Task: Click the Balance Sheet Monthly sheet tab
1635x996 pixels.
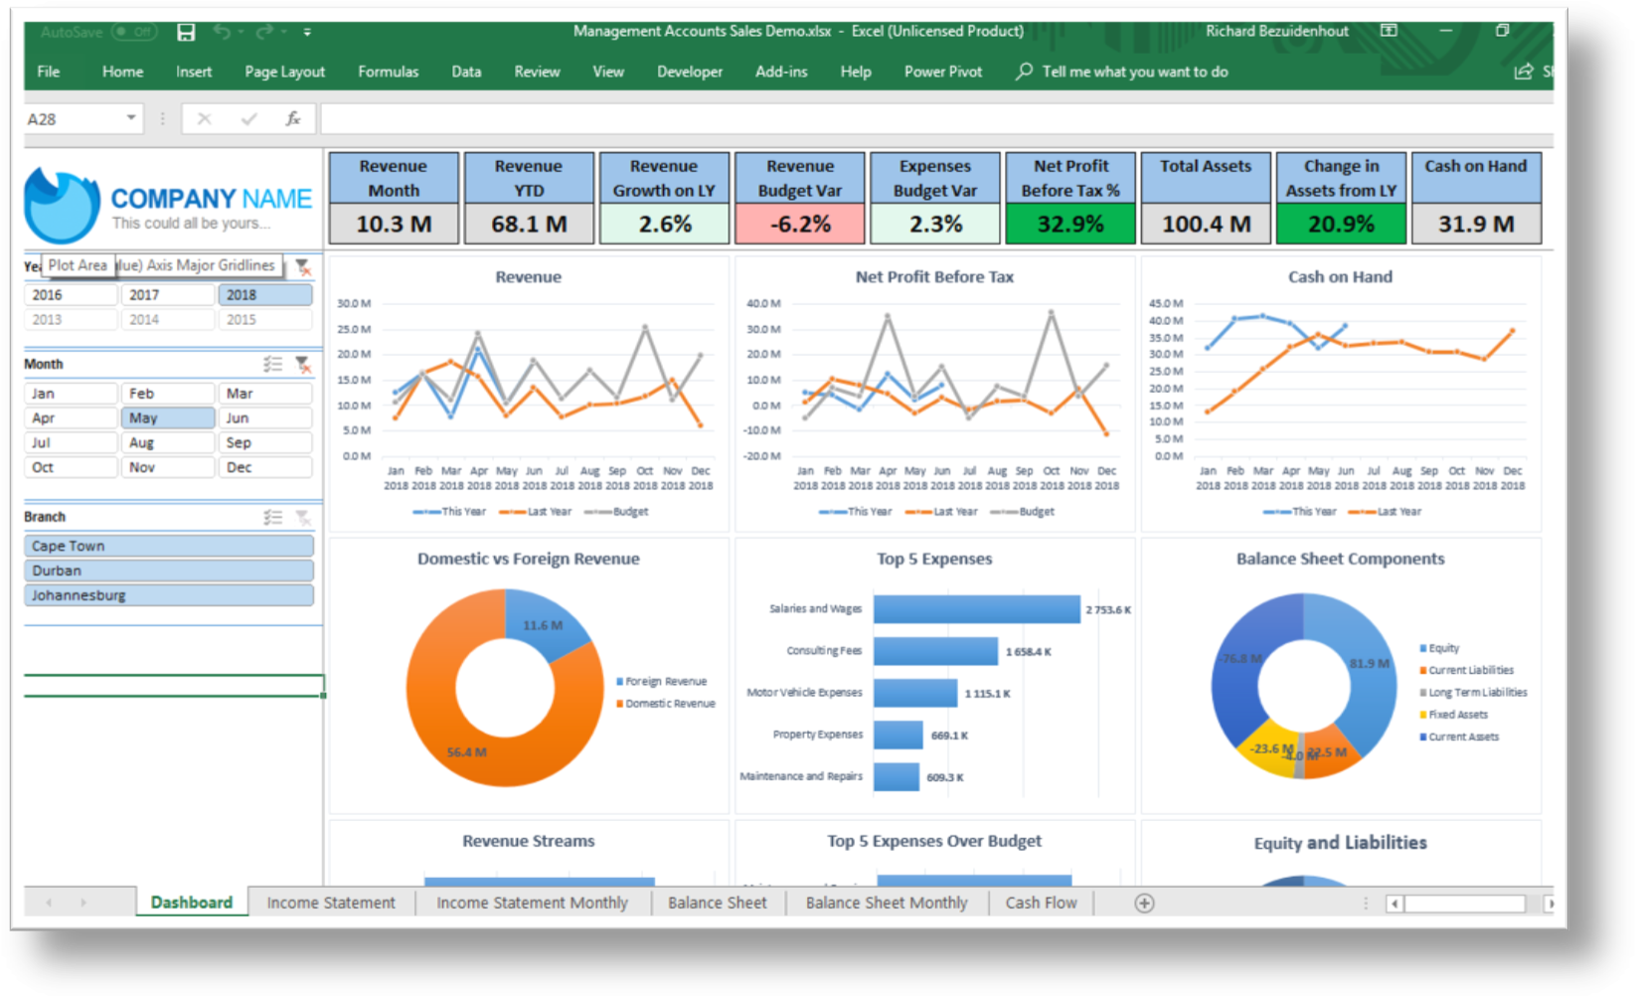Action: click(886, 903)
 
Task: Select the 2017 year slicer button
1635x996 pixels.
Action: click(167, 295)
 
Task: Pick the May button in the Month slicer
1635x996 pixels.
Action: click(167, 418)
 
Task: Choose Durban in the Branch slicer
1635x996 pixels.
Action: click(168, 571)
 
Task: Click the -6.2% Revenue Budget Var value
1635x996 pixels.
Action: click(800, 225)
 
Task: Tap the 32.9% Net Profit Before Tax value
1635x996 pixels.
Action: click(1070, 225)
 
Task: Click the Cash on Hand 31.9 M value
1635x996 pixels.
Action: click(1476, 225)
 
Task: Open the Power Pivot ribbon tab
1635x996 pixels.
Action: click(942, 72)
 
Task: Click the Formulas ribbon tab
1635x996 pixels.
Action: click(388, 72)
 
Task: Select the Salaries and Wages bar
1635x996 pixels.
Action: click(976, 609)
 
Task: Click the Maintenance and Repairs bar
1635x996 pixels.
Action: click(897, 776)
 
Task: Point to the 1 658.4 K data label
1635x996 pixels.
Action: click(1028, 652)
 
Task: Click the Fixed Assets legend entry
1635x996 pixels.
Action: click(1457, 715)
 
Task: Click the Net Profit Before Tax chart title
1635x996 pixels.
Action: click(934, 277)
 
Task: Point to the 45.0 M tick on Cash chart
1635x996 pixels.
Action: click(1165, 303)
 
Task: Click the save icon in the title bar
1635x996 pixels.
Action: click(186, 32)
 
